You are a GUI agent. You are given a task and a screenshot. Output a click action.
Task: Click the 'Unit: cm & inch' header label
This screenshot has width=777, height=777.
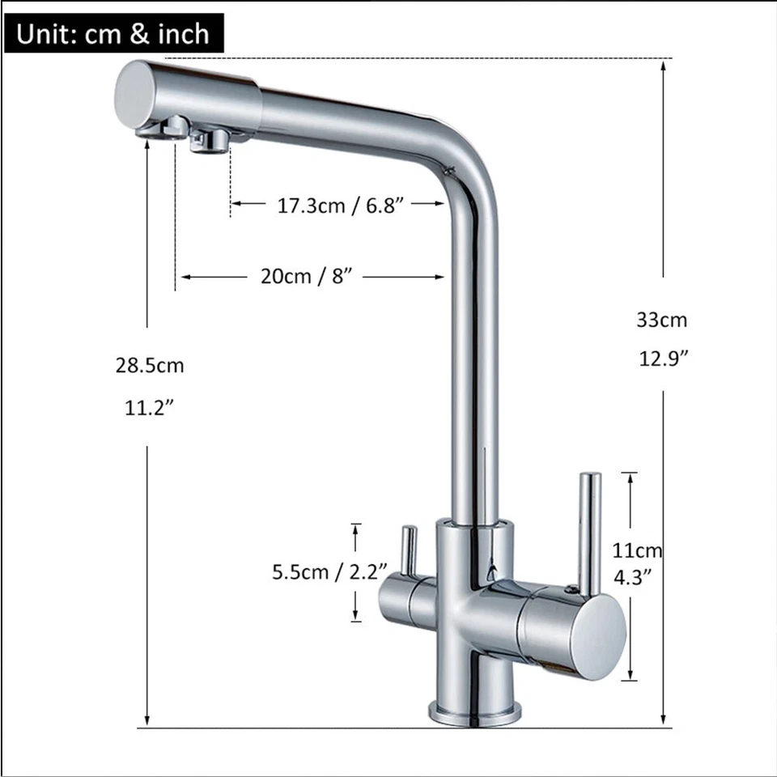point(113,34)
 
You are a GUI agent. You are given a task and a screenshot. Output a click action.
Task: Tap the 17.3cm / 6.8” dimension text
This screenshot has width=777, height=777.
point(341,205)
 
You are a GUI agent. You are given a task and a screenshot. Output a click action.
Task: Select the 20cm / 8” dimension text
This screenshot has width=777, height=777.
point(308,277)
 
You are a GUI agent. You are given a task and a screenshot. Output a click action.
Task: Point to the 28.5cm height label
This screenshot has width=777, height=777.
point(149,365)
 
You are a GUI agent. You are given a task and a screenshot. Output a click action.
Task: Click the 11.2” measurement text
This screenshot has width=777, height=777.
point(149,408)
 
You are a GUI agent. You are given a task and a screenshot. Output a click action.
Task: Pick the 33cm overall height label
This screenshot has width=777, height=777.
point(660,319)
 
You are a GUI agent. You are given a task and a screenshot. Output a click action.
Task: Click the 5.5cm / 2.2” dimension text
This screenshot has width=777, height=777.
point(329,572)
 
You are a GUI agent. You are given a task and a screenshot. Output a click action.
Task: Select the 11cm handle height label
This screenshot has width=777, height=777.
point(636,551)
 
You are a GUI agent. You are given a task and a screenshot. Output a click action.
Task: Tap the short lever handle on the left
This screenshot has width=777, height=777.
point(410,550)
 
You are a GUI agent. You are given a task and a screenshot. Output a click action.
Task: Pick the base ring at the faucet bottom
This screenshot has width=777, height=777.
point(474,713)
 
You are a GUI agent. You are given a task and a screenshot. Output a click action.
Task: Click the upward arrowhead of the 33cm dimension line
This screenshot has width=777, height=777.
point(664,66)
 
